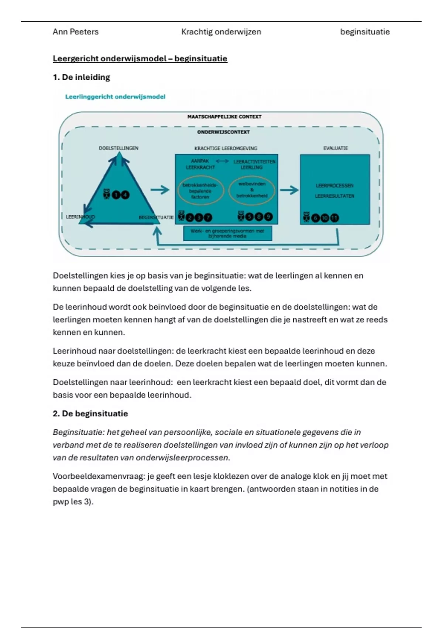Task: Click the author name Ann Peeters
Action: coord(75,32)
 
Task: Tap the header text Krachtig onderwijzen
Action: coord(221,32)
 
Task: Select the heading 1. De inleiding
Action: coord(81,77)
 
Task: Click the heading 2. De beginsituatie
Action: coord(90,413)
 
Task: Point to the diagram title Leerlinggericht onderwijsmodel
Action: coord(115,97)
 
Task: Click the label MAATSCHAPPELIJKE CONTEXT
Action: coord(224,117)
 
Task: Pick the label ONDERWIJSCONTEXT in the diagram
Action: coord(223,132)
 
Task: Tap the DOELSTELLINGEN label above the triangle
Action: coord(119,148)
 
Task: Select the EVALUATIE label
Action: coord(336,148)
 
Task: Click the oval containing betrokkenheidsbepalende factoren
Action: coord(200,191)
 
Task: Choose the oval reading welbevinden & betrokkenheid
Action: coord(252,190)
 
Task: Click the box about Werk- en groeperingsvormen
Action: coord(227,233)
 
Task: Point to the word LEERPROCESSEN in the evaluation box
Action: coord(334,185)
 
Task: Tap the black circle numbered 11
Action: coord(334,218)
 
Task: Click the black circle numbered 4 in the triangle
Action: coord(126,195)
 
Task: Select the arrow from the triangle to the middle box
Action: coord(160,190)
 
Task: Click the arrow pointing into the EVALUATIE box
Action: coord(289,190)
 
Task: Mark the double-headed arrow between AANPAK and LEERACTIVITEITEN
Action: coord(222,161)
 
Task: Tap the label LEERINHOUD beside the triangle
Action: coord(80,217)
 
